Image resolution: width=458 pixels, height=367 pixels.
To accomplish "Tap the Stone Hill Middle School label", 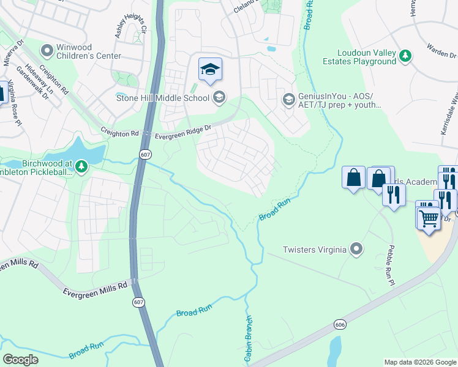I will [x=163, y=98].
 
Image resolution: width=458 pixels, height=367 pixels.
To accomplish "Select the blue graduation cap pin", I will [x=210, y=70].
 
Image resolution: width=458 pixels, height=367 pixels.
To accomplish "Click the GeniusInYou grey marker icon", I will [x=288, y=98].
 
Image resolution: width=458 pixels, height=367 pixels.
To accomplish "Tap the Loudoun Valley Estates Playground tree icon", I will [x=405, y=56].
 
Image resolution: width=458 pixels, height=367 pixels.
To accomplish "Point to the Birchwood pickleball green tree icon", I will [x=81, y=166].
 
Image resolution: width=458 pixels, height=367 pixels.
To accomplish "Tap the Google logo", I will [x=21, y=360].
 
